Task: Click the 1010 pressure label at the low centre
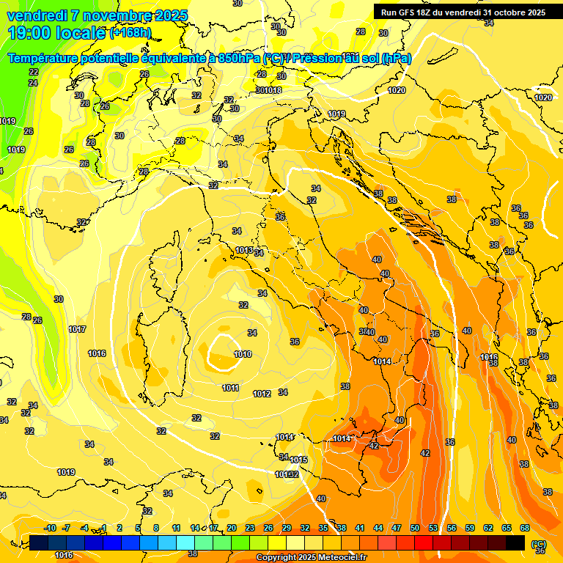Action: coord(243,354)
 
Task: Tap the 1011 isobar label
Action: coord(230,388)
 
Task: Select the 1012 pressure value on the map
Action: coord(262,394)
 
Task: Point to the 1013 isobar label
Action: coord(244,251)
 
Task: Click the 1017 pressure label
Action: coord(77,329)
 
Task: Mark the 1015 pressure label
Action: coord(298,460)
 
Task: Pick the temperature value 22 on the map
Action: coord(34,72)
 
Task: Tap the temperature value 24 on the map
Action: coord(33,83)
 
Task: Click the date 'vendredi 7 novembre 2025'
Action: coord(97,15)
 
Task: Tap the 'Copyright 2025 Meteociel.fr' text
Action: coord(312,557)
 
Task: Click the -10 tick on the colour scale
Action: coord(50,528)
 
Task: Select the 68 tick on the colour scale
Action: coord(525,528)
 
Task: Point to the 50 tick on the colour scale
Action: coord(415,528)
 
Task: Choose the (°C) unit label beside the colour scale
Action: coord(539,544)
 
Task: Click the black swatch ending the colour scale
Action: coord(515,542)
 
